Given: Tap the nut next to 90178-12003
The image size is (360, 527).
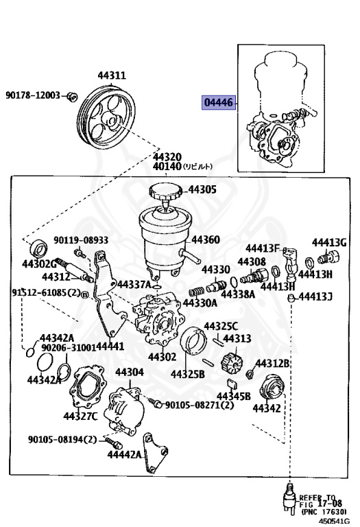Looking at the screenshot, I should [x=74, y=95].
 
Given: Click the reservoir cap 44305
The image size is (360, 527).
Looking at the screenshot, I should [x=165, y=194].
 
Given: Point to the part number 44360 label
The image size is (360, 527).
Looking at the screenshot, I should [x=205, y=240].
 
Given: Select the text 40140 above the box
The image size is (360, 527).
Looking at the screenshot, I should [x=167, y=166].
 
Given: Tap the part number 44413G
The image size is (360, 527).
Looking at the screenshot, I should [x=329, y=242].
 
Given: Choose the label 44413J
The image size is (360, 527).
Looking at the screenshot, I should [x=317, y=296].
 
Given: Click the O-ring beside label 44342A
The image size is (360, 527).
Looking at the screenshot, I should [x=29, y=353].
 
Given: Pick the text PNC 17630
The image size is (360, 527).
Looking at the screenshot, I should [x=328, y=512].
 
